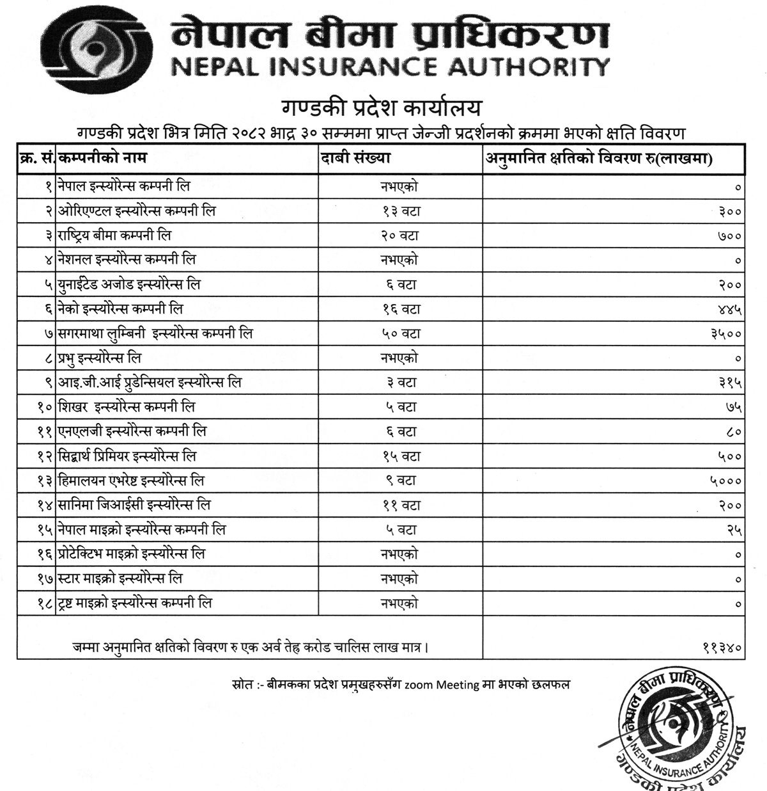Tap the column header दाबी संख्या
point(357,157)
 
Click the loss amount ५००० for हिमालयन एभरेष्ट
point(726,481)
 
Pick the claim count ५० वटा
point(400,334)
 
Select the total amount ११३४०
point(722,648)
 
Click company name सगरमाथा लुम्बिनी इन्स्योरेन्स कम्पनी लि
point(155,334)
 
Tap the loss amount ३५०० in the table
point(726,334)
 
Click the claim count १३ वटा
point(400,212)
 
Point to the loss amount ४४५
point(729,310)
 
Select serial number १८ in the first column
point(44,603)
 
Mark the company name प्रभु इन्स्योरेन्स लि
point(100,358)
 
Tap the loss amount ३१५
point(729,383)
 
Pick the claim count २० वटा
point(400,236)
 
